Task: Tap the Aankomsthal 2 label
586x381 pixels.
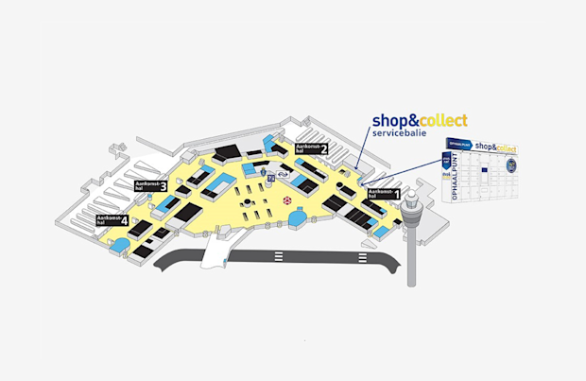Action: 312,148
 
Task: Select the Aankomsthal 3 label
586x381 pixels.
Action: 151,185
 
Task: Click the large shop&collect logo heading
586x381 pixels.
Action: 419,120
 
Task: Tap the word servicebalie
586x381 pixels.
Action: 400,134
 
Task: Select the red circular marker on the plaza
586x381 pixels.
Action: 288,200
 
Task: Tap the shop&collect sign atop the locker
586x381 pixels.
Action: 495,147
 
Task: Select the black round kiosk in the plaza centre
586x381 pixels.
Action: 244,201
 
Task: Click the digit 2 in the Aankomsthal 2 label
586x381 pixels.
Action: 324,148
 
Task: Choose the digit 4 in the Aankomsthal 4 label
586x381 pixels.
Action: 125,221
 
